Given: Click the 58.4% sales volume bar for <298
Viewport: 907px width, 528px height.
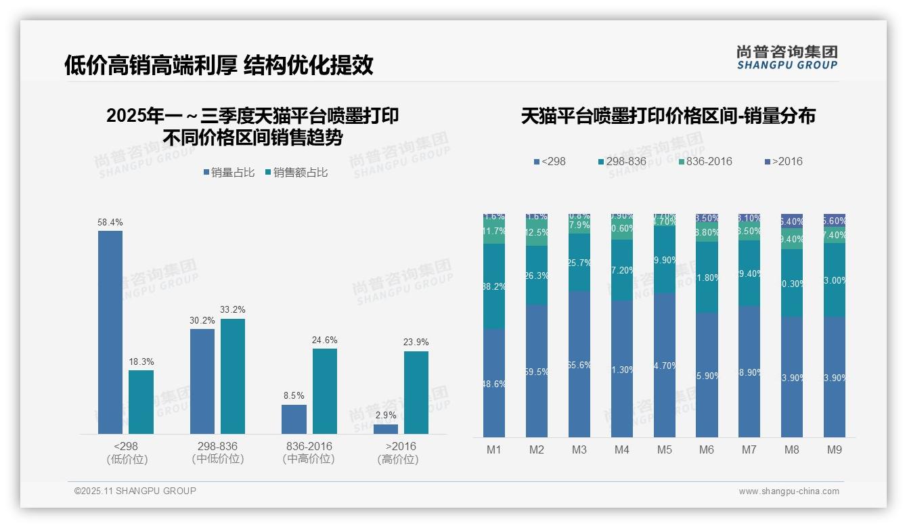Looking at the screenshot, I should coord(110,332).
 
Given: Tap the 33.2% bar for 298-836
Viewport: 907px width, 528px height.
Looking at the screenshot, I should coord(233,376).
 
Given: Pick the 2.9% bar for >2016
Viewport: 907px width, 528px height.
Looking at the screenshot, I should coord(386,428).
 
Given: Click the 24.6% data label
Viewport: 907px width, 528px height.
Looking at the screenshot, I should coord(324,340).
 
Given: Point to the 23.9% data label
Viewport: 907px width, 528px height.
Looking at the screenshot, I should coord(416,342).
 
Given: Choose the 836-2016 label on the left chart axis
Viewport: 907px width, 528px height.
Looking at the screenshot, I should coord(309,447).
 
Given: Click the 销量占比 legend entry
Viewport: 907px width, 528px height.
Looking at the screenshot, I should coord(229,173).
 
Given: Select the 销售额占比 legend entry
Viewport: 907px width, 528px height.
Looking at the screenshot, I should coord(296,173).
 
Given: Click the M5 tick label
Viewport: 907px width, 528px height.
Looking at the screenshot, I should coord(665,449).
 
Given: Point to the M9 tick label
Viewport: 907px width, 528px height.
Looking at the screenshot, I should coord(835,449).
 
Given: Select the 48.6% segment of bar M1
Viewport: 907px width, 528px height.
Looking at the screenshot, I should coord(494,382).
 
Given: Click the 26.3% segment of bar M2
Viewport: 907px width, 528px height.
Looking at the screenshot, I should coord(537,275).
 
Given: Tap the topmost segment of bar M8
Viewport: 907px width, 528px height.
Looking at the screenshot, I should coord(792,221).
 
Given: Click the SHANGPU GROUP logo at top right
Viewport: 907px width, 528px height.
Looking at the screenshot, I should coord(787,58).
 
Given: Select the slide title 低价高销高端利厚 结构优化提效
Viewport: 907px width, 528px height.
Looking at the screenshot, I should coord(219,65).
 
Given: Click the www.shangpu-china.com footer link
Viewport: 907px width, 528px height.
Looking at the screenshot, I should coord(789,491).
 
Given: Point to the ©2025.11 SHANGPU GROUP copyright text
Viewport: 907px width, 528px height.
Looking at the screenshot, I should coord(135,491).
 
